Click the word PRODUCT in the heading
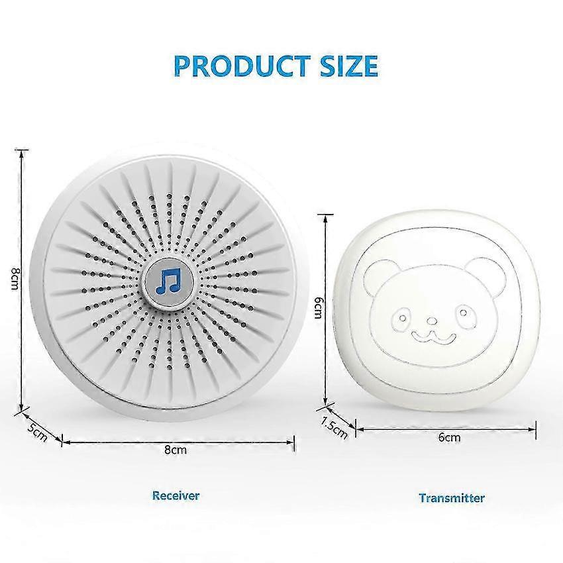[x=242, y=66]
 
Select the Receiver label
[x=176, y=495]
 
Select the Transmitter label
[x=451, y=498]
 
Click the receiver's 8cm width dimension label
[x=176, y=450]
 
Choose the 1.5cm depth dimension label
[x=334, y=427]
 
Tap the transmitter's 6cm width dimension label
[x=449, y=437]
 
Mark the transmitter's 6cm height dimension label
[x=318, y=307]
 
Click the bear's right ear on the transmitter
[x=487, y=276]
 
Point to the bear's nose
[x=432, y=321]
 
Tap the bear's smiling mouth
[x=434, y=336]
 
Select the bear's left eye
[x=402, y=318]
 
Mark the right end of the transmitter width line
[x=535, y=429]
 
